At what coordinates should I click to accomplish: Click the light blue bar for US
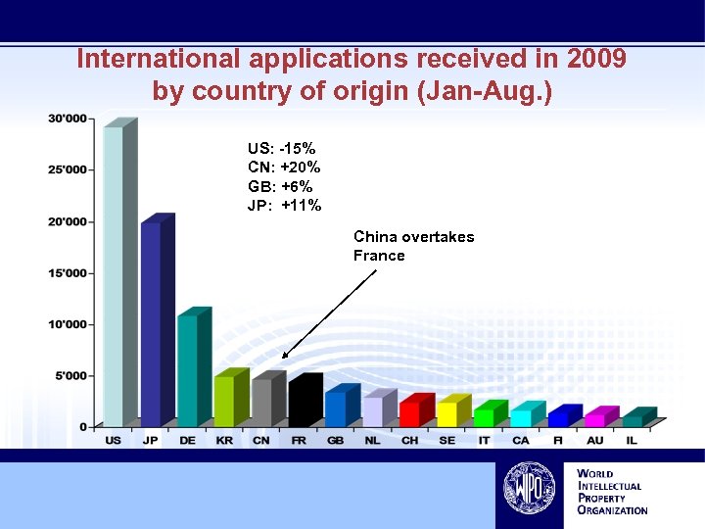114,276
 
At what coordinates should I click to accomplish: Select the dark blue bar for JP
151,324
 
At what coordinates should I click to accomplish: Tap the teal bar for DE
187,370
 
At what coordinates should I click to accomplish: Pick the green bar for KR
224,401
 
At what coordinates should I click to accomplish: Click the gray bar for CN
261,403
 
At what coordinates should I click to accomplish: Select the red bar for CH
409,414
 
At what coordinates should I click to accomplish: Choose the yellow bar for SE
446,414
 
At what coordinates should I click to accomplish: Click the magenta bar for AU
594,420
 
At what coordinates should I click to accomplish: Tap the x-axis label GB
336,441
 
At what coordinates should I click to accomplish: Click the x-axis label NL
373,441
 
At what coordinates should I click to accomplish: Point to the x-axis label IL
632,441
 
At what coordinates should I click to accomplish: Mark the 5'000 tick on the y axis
70,375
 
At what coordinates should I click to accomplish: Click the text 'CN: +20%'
284,168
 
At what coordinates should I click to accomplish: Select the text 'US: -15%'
282,149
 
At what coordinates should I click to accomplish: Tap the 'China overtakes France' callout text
413,246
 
